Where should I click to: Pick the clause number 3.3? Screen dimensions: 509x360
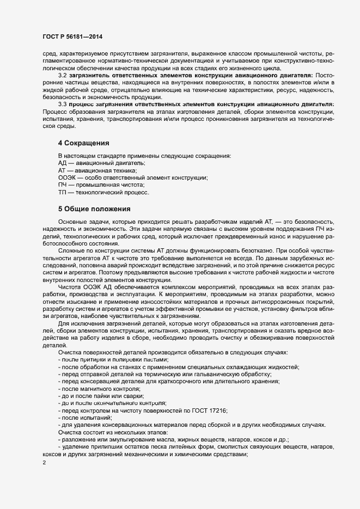[63, 103]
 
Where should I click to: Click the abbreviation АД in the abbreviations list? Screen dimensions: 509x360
[62, 163]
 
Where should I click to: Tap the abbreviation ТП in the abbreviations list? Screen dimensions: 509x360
[62, 193]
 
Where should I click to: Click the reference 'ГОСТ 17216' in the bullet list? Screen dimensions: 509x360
[208, 410]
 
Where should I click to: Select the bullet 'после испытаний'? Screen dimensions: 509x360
[86, 418]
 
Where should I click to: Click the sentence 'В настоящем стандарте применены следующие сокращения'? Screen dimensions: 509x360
[144, 156]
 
